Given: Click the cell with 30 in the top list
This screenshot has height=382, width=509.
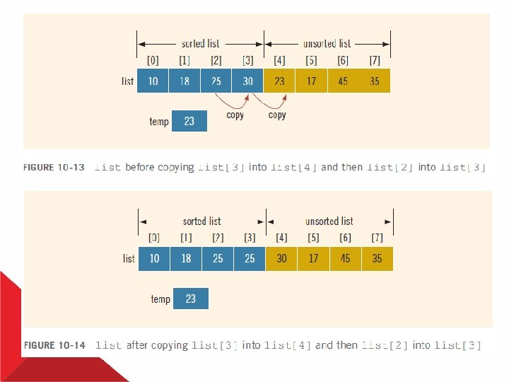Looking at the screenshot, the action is (x=247, y=81).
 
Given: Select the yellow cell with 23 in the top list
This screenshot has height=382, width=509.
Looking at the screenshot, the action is (x=279, y=81).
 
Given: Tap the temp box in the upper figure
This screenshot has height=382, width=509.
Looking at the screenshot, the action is (x=189, y=121).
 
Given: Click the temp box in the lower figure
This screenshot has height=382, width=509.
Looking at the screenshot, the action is (x=190, y=299).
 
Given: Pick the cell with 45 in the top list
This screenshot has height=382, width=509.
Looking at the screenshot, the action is (x=343, y=81).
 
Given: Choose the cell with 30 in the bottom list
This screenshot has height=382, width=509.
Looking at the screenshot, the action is (x=281, y=258).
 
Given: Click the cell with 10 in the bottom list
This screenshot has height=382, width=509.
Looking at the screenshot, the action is (x=154, y=258).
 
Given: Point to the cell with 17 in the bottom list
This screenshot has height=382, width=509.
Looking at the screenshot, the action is (x=313, y=258).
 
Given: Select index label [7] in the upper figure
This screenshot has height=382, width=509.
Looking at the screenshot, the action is (x=375, y=61).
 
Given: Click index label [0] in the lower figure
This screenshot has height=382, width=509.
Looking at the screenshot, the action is (x=154, y=238).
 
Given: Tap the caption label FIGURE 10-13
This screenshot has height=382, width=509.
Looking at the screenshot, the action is (x=54, y=168).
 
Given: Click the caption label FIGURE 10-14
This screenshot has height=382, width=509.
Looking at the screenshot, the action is (x=54, y=345).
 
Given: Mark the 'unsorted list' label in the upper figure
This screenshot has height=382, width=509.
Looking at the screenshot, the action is (x=327, y=44).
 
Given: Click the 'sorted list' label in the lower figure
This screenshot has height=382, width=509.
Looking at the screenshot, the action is (x=201, y=221).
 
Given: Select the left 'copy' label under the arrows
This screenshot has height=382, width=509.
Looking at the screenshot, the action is (x=235, y=115).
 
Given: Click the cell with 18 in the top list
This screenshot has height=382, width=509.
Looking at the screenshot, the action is (x=185, y=81).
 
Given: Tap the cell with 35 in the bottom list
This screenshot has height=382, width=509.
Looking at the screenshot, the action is (x=377, y=258).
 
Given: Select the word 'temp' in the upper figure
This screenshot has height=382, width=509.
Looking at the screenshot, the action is (x=159, y=122).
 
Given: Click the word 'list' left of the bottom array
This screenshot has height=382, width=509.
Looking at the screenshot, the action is (x=129, y=258).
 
